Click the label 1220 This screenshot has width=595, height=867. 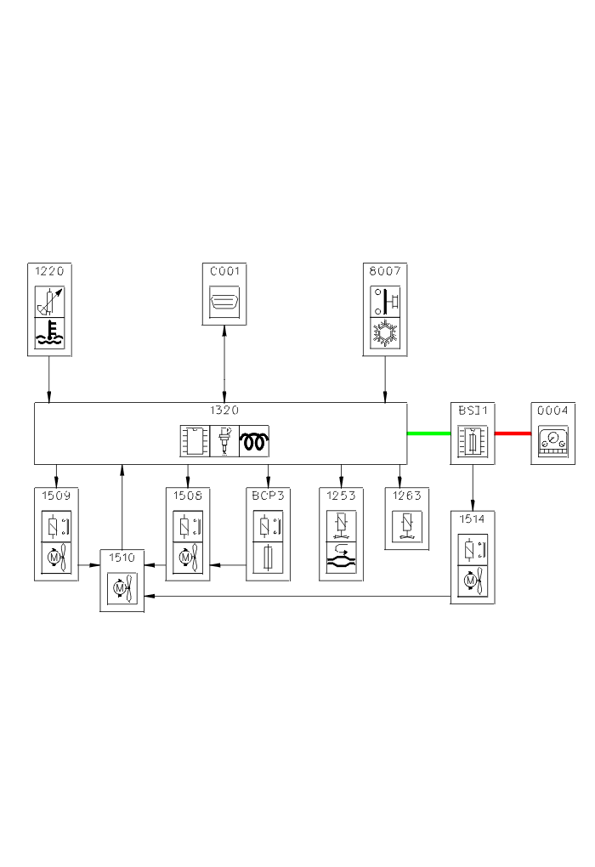(x=49, y=271)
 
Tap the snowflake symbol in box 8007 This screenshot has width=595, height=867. (x=386, y=333)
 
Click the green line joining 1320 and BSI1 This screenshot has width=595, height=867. (x=428, y=433)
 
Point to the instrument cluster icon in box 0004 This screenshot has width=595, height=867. (x=552, y=442)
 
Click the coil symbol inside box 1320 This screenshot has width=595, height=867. (x=253, y=441)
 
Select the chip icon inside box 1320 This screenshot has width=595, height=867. (x=193, y=441)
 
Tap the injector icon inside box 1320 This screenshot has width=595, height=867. (x=224, y=441)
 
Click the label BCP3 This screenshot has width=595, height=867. (x=269, y=495)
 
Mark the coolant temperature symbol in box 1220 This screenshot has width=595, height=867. (x=49, y=334)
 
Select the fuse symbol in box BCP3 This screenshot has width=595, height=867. (x=269, y=558)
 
